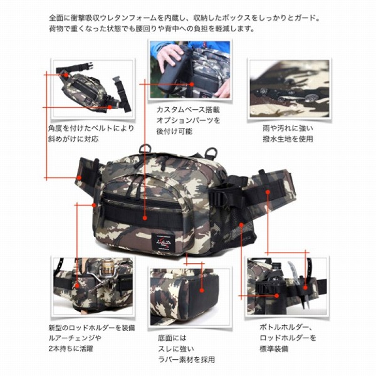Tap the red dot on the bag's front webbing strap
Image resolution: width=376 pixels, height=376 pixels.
[145, 218]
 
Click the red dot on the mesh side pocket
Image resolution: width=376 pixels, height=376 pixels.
[241, 225]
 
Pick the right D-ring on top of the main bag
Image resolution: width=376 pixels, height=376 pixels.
[211, 152]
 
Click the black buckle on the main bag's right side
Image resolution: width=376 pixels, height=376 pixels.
[219, 196]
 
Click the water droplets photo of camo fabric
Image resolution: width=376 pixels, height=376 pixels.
[290, 88]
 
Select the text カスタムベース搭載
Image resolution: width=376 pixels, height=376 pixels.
[188, 110]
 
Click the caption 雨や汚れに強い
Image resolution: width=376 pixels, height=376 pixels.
[288, 128]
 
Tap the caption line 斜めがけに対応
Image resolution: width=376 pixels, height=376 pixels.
[73, 139]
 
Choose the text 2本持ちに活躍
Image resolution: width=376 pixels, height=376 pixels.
[70, 348]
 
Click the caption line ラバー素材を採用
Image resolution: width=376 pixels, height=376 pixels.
[186, 359]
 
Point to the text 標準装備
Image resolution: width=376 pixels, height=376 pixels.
[274, 348]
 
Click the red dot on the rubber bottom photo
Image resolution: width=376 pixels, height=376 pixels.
[202, 290]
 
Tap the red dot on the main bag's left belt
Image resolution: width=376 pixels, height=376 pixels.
[79, 178]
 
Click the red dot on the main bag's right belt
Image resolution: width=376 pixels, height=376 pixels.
[268, 192]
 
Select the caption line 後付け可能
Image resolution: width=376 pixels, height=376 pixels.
[174, 131]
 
